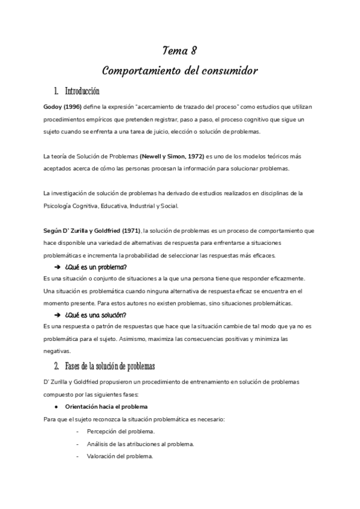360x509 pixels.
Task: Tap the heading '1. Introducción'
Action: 76,92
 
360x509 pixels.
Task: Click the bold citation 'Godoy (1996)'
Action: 62,107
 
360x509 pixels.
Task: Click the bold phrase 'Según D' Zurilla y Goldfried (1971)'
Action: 92,230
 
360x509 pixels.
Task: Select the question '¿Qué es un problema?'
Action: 95,267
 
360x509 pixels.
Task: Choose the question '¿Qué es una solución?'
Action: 95,315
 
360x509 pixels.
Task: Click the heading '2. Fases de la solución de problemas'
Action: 104,366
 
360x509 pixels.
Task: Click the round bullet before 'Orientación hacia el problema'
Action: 55,406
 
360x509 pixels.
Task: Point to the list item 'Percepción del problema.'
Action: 121,432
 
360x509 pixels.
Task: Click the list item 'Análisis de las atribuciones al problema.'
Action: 140,444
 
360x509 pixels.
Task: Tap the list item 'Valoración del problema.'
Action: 120,456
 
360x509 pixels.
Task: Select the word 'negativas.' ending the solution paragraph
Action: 58,351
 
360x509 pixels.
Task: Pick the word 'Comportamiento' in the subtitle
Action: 142,71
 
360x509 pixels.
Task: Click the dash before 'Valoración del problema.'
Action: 79,456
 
